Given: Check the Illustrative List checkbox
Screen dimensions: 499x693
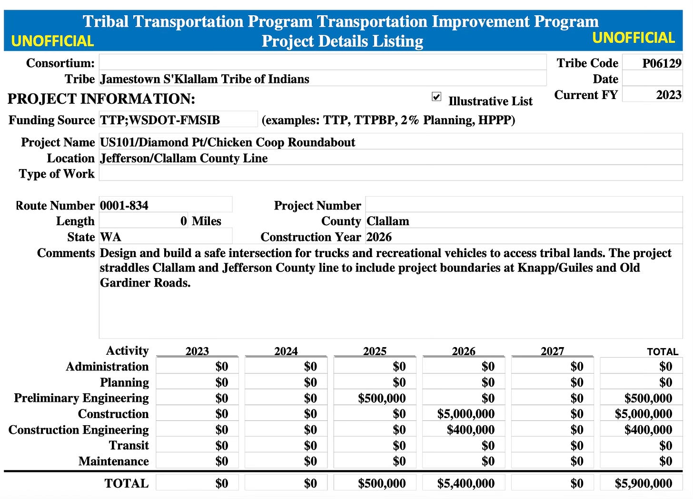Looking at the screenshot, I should coord(436,97).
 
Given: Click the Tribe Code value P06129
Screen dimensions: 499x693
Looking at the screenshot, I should coord(661,63).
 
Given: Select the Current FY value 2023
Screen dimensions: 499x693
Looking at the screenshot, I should coord(668,95).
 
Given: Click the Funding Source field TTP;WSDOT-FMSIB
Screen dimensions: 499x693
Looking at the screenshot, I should coord(160,120).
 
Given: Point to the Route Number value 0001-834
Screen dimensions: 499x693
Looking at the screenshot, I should coord(124,206).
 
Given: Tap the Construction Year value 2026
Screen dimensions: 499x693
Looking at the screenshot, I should coord(379,237).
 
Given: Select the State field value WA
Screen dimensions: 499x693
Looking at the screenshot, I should coord(110,237).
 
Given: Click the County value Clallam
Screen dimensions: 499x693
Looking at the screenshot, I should coord(388,221).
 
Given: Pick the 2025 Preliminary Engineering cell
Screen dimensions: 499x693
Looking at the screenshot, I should coord(382,398).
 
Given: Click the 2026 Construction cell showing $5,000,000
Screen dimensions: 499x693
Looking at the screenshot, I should coord(465,414).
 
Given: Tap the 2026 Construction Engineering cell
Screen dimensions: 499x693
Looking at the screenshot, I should coord(470,430).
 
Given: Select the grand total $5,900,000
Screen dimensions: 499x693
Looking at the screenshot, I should coord(643,483).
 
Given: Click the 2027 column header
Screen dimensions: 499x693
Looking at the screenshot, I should coord(552,351).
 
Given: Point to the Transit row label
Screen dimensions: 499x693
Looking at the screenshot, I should coord(129,446).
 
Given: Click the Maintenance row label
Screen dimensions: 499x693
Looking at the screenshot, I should coord(113,461).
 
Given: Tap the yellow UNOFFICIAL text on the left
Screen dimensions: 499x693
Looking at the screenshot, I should coord(52,41).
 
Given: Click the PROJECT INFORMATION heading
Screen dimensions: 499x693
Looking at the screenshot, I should coord(101,99).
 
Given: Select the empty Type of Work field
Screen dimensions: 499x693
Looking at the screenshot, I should coord(390,174).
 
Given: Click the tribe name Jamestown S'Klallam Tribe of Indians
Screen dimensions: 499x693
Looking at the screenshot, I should coord(205,79).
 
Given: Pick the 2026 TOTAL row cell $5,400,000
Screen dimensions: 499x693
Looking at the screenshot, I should coord(465,483).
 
